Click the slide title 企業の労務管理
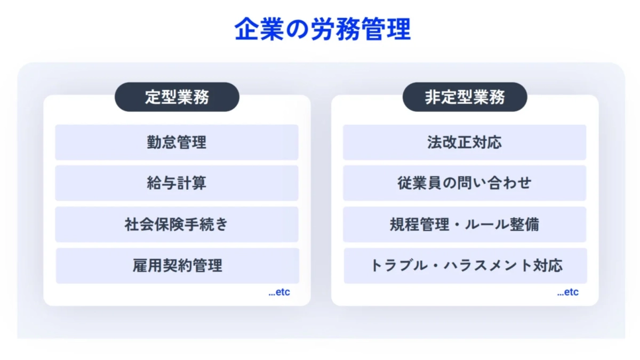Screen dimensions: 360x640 (323, 30)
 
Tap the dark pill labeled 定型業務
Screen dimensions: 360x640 (177, 97)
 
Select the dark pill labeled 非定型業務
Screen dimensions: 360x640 (465, 97)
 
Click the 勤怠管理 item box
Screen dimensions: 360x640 (177, 142)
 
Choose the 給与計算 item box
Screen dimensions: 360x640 (177, 183)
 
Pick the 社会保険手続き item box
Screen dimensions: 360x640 (177, 224)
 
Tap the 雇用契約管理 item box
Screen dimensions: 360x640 (177, 265)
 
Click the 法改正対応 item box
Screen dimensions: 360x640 (464, 142)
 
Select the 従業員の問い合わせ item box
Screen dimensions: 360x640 (464, 183)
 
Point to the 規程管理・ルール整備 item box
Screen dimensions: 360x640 (464, 224)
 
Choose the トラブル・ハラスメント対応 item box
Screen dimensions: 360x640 (465, 265)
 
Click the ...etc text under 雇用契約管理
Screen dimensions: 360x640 (279, 292)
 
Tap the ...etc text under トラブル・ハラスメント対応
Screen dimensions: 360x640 (567, 292)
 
